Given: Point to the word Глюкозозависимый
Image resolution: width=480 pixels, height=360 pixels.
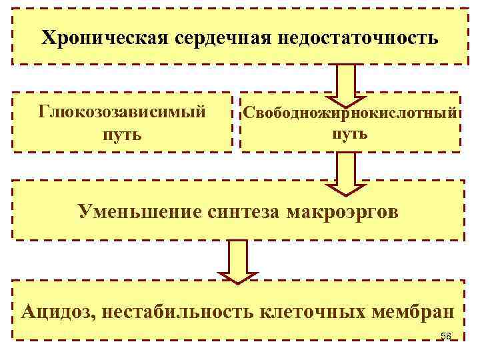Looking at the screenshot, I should point(122,111).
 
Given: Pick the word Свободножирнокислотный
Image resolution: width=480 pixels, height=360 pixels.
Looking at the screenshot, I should point(350,112).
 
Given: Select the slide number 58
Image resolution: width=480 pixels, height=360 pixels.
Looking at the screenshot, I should point(446,335).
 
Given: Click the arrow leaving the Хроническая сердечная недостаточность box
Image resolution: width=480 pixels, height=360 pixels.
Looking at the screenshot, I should point(350,81).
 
